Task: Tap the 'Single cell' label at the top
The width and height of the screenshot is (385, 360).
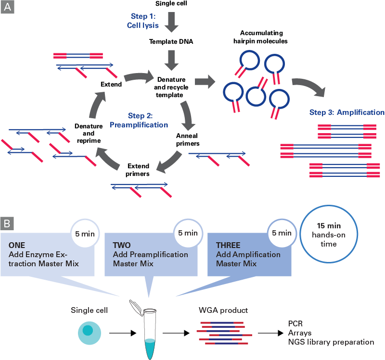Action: [x=171, y=4]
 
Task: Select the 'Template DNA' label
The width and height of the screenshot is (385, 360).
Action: [x=171, y=42]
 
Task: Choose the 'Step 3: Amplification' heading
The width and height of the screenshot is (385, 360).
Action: [x=346, y=112]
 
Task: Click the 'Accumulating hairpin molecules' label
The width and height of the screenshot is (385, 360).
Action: [x=264, y=37]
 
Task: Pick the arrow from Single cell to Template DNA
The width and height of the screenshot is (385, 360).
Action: [x=171, y=22]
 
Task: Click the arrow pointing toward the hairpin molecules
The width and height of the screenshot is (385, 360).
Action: [x=205, y=81]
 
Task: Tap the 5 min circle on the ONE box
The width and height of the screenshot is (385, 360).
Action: [x=85, y=233]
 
